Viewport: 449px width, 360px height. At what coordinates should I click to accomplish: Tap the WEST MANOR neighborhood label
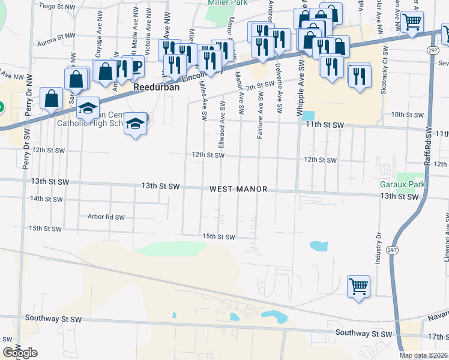238,189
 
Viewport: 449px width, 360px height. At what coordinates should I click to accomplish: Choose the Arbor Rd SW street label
106,217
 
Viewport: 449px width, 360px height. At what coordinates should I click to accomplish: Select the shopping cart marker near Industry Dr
359,286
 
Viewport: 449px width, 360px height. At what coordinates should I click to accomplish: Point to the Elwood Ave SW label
223,122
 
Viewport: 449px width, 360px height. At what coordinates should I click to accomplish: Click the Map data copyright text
424,355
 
